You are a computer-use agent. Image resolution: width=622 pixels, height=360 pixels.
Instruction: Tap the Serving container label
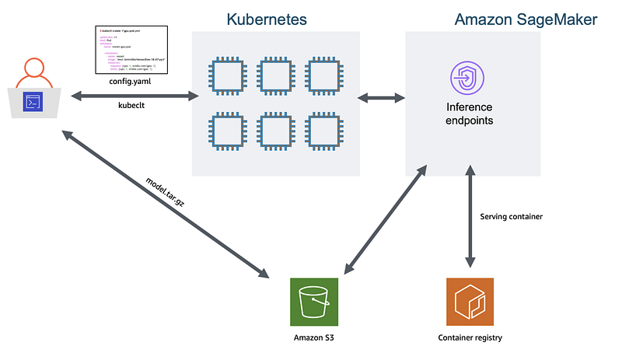click(512, 216)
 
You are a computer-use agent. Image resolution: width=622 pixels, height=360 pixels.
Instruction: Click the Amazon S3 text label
click(313, 337)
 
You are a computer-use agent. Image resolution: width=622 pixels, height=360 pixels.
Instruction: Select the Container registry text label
click(470, 337)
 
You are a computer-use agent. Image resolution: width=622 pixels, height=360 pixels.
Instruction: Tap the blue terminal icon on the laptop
click(33, 101)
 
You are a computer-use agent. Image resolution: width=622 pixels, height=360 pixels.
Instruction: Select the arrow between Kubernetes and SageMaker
click(381, 98)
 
